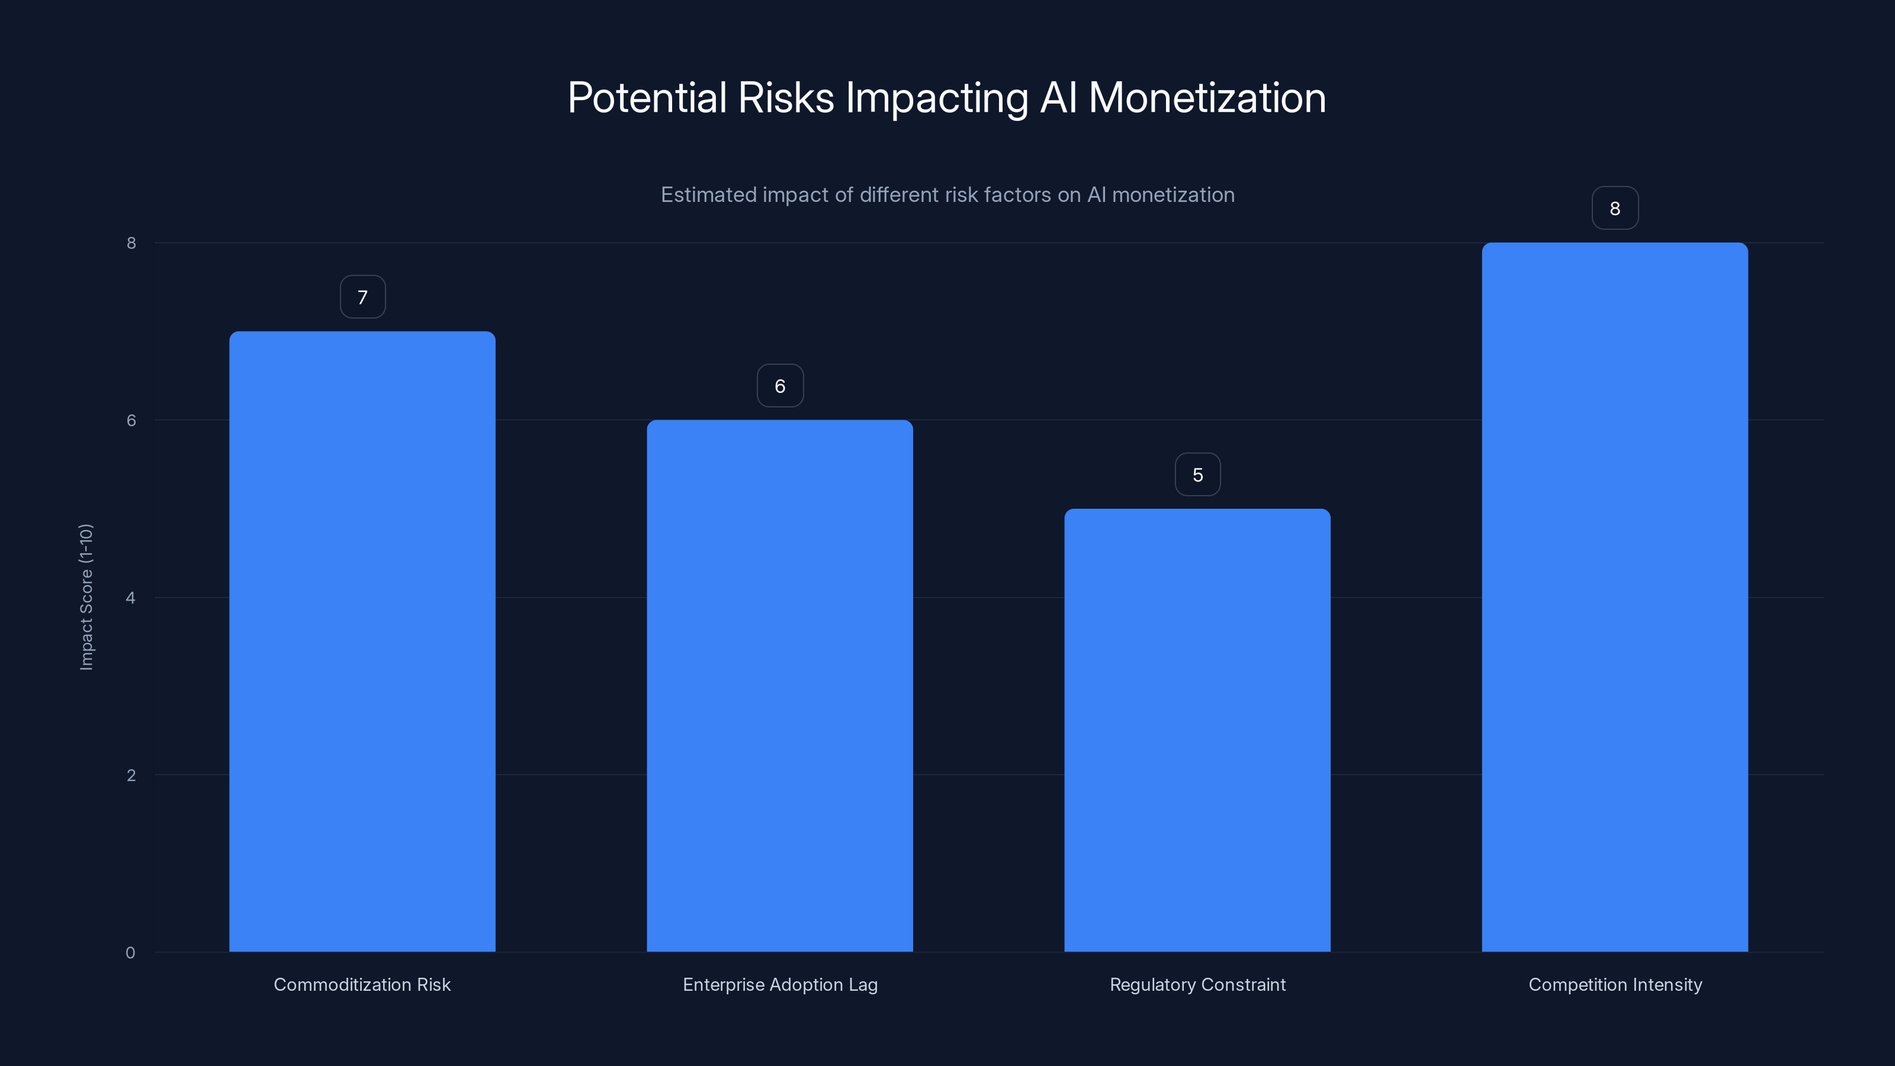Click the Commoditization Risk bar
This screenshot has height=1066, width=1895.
[x=362, y=641]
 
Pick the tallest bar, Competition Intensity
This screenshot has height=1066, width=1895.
[x=1615, y=596]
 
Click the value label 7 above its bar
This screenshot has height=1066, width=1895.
[x=362, y=297]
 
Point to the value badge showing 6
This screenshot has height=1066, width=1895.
[x=780, y=386]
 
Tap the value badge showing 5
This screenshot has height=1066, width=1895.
[x=1197, y=475]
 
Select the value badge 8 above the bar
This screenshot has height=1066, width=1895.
[x=1615, y=209]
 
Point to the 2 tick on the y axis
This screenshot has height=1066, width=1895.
[x=131, y=775]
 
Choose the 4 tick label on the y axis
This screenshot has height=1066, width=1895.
[x=131, y=598]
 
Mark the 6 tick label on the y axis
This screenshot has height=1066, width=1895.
[x=131, y=420]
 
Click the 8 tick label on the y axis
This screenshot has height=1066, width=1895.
[x=131, y=243]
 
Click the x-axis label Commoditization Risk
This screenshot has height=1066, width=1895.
[x=362, y=985]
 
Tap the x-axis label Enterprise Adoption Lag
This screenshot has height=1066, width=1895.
[x=780, y=985]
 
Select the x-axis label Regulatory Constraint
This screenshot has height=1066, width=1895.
[x=1197, y=985]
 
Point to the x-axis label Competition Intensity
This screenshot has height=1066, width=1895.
[x=1615, y=985]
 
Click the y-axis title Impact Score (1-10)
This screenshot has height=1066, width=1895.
[x=86, y=596]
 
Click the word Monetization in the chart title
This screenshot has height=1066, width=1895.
[x=1206, y=98]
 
